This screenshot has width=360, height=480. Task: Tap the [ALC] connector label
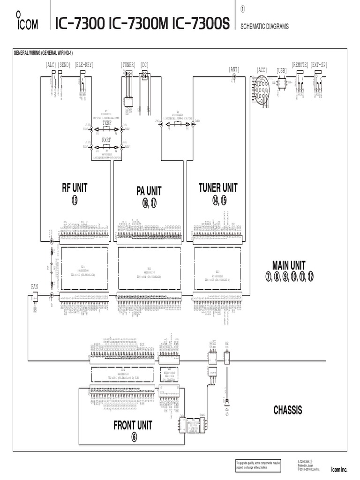51,65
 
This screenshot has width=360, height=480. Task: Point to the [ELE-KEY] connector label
84,65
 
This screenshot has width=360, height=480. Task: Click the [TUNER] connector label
128,65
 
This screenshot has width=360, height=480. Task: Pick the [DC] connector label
144,65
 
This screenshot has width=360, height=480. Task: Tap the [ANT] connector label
234,69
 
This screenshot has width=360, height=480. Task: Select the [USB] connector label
282,69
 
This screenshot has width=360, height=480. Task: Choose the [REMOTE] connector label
300,65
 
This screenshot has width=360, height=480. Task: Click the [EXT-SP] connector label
319,65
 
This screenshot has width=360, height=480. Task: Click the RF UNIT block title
75,188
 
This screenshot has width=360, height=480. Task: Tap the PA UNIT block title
149,191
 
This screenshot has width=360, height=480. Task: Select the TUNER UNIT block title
218,188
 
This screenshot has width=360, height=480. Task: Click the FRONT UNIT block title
133,425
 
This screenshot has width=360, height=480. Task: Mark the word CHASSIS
288,410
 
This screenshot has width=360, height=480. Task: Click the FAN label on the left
35,285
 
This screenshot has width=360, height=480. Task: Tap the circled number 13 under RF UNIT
75,201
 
